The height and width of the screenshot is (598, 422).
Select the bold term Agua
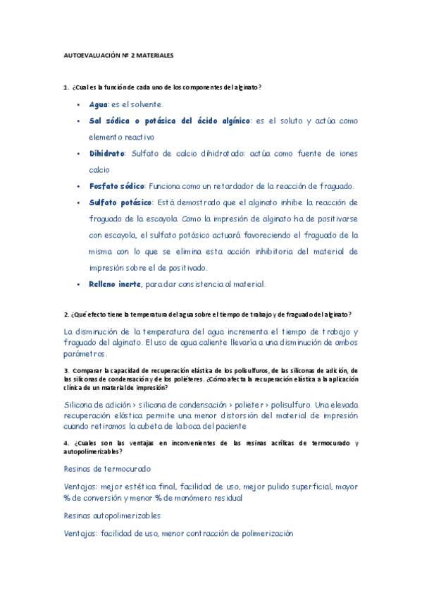[98, 104]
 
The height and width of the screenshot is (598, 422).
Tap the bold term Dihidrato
[106, 153]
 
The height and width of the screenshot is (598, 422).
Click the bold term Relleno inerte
[115, 284]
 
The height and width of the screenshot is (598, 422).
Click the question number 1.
[65, 87]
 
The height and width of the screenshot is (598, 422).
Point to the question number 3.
[66, 370]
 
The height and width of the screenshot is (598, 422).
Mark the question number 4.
[66, 442]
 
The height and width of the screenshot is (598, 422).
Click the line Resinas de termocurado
[107, 468]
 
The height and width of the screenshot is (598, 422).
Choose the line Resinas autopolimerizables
[112, 515]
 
